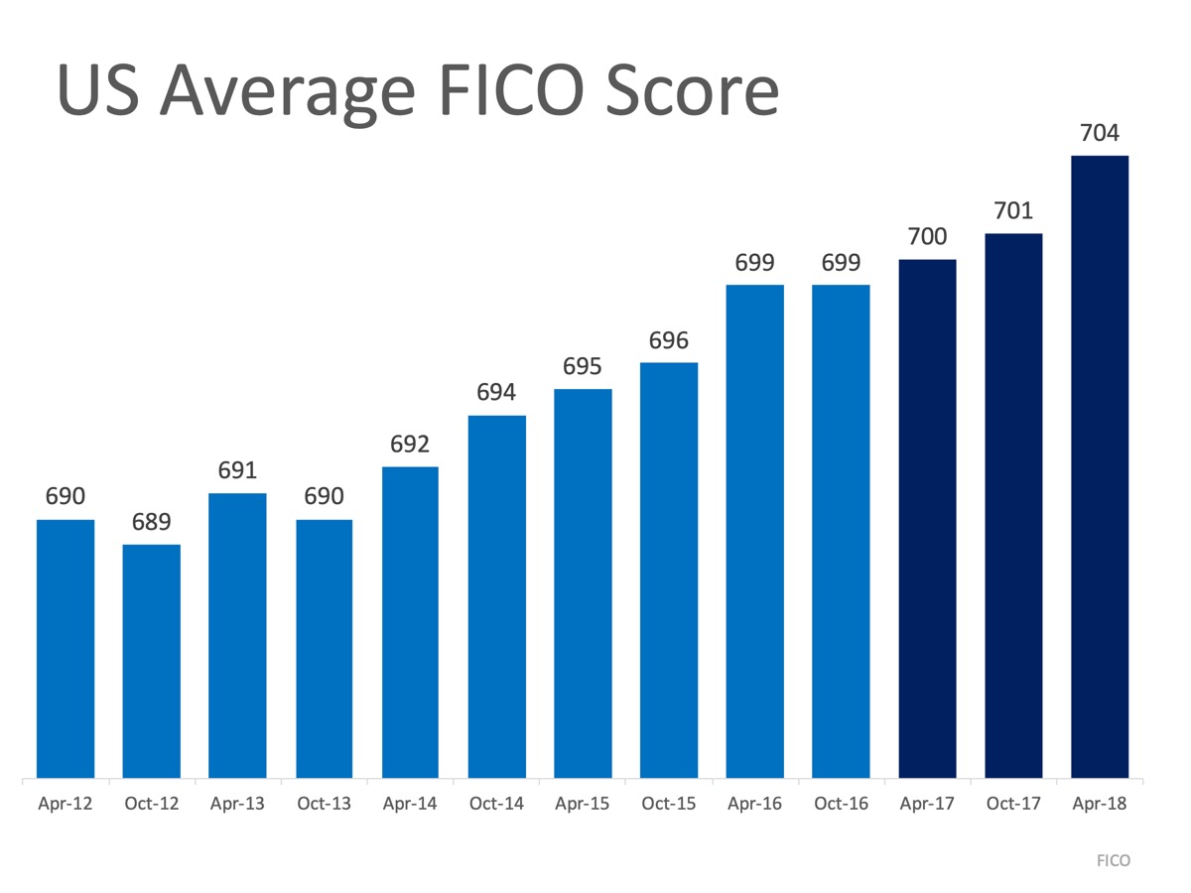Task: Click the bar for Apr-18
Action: (x=1100, y=466)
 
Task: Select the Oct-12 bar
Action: (x=152, y=661)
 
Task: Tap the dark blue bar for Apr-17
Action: (x=927, y=518)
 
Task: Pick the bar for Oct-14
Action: (x=496, y=596)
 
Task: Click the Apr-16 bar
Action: (x=754, y=531)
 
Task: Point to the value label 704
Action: (x=1100, y=133)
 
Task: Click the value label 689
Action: (x=152, y=522)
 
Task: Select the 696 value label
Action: (x=669, y=340)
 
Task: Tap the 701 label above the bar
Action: (x=1013, y=210)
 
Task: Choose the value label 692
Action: (x=410, y=445)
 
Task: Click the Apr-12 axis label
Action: (x=66, y=804)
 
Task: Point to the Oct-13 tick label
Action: (x=324, y=804)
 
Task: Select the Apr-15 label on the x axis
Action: (x=582, y=804)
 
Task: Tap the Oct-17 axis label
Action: (x=1013, y=804)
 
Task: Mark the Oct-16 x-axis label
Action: (x=841, y=804)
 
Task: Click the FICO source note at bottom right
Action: (x=1114, y=860)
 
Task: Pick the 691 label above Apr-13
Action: (x=238, y=470)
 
